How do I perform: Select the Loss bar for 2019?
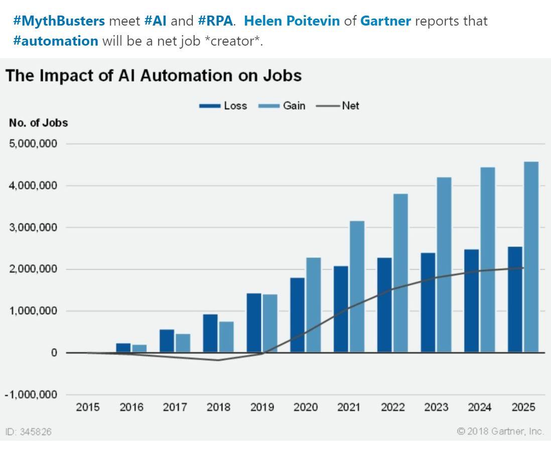click(x=254, y=323)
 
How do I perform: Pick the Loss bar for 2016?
click(x=123, y=348)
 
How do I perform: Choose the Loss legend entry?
click(x=223, y=106)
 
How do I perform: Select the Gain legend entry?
click(x=282, y=106)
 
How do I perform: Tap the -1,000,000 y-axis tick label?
click(x=31, y=394)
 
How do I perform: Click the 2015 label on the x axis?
click(x=88, y=407)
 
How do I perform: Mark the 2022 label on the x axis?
click(x=392, y=407)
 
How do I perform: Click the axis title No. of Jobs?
click(x=38, y=123)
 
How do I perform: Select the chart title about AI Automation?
click(x=154, y=76)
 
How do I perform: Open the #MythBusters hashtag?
click(x=59, y=21)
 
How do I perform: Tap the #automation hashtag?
click(x=56, y=41)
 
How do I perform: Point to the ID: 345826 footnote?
click(x=29, y=431)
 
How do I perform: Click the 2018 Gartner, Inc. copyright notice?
click(x=500, y=431)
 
